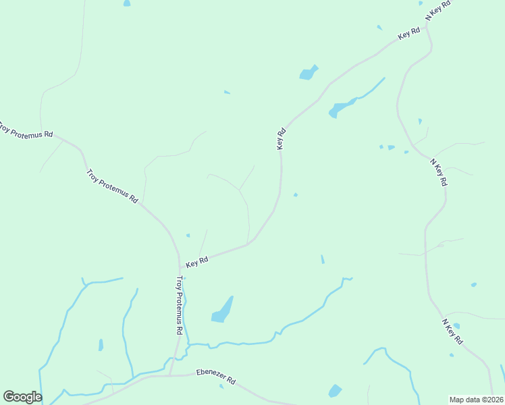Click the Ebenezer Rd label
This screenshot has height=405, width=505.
click(215, 376)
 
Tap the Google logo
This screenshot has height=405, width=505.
click(22, 397)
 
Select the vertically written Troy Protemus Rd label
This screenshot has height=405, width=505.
click(179, 305)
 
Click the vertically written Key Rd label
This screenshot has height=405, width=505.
click(282, 139)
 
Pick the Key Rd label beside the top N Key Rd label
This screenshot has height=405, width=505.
click(409, 32)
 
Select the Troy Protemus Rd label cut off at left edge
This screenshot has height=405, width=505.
click(26, 130)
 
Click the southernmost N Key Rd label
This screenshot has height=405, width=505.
click(452, 331)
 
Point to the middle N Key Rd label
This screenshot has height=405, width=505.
click(439, 173)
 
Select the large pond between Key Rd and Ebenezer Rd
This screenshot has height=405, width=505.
click(223, 310)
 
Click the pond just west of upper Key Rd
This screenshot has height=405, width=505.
click(309, 72)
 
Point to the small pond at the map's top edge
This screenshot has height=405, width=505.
click(127, 3)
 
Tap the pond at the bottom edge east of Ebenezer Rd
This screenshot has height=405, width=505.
click(334, 391)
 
